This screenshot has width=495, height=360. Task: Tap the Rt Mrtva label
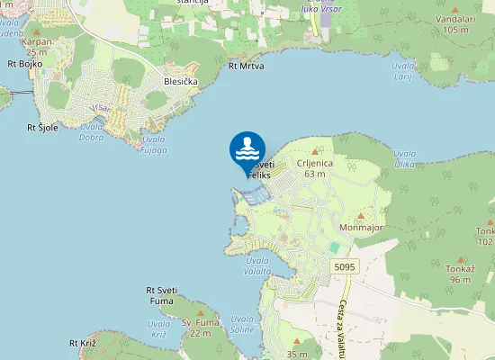pyautogui.click(x=246, y=66)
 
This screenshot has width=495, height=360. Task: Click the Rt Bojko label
pyautogui.click(x=24, y=64)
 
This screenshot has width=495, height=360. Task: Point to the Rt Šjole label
pyautogui.click(x=42, y=127)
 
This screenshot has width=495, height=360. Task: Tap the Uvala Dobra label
pyautogui.click(x=91, y=133)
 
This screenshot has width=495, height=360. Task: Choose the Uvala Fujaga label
pyautogui.click(x=154, y=144)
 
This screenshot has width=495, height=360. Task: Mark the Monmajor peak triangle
pyautogui.click(x=361, y=217)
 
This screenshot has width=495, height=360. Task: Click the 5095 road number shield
pyautogui.click(x=344, y=267)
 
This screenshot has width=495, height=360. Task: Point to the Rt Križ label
pyautogui.click(x=82, y=344)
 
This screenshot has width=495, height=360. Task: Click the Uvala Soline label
pyautogui.click(x=242, y=324)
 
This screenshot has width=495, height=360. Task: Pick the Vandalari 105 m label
pyautogui.click(x=455, y=23)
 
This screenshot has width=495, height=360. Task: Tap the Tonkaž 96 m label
pyautogui.click(x=460, y=274)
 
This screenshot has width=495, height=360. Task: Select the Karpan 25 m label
pyautogui.click(x=36, y=47)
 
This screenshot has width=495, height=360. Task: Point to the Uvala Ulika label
pyautogui.click(x=406, y=158)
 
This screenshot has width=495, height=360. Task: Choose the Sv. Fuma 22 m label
pyautogui.click(x=200, y=328)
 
